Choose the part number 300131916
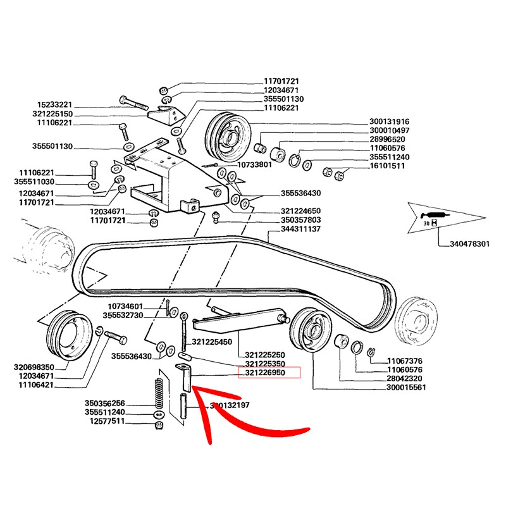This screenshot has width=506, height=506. (389, 122)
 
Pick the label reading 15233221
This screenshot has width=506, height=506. (54, 104)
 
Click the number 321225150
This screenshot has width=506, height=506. (54, 114)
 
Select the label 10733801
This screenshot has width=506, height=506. (255, 165)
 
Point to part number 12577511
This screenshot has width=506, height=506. (105, 421)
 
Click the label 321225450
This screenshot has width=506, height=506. (211, 342)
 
